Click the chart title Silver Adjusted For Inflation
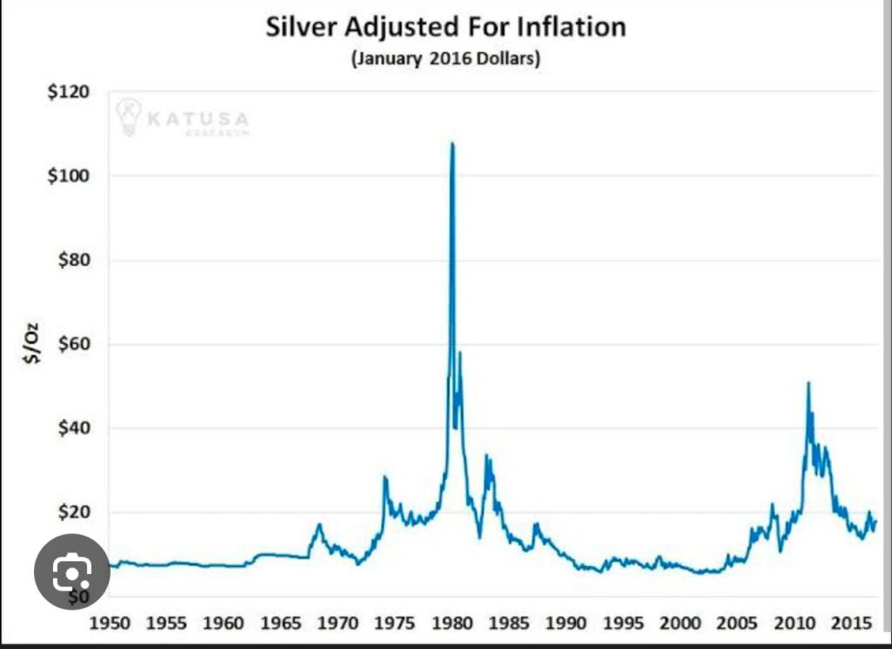tap(445, 26)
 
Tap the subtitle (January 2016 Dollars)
tap(445, 60)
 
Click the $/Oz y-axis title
tap(33, 343)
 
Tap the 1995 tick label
tap(624, 624)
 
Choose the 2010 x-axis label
tap(794, 624)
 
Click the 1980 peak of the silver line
tap(451, 144)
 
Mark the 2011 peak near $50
tap(808, 383)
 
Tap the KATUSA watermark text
tap(198, 118)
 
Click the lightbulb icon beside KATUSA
tap(129, 117)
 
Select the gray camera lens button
tap(71, 571)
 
